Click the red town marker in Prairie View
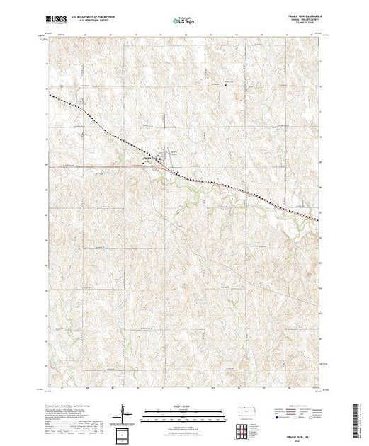tap(159, 159)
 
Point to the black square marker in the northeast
tap(225, 85)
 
